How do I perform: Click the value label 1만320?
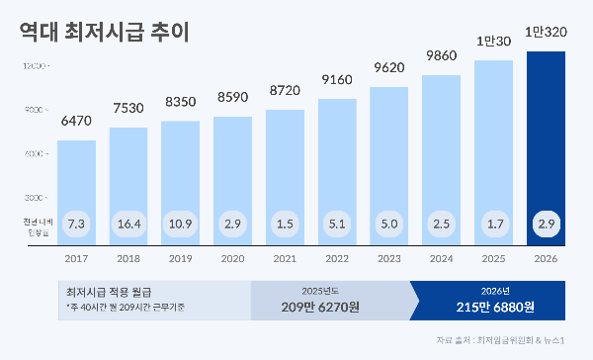[546, 32]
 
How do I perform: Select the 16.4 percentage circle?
[128, 225]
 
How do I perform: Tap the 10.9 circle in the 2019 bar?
[181, 225]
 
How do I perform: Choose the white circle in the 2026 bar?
[546, 225]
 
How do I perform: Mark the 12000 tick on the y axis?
[34, 65]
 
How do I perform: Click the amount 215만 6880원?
[486, 307]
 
